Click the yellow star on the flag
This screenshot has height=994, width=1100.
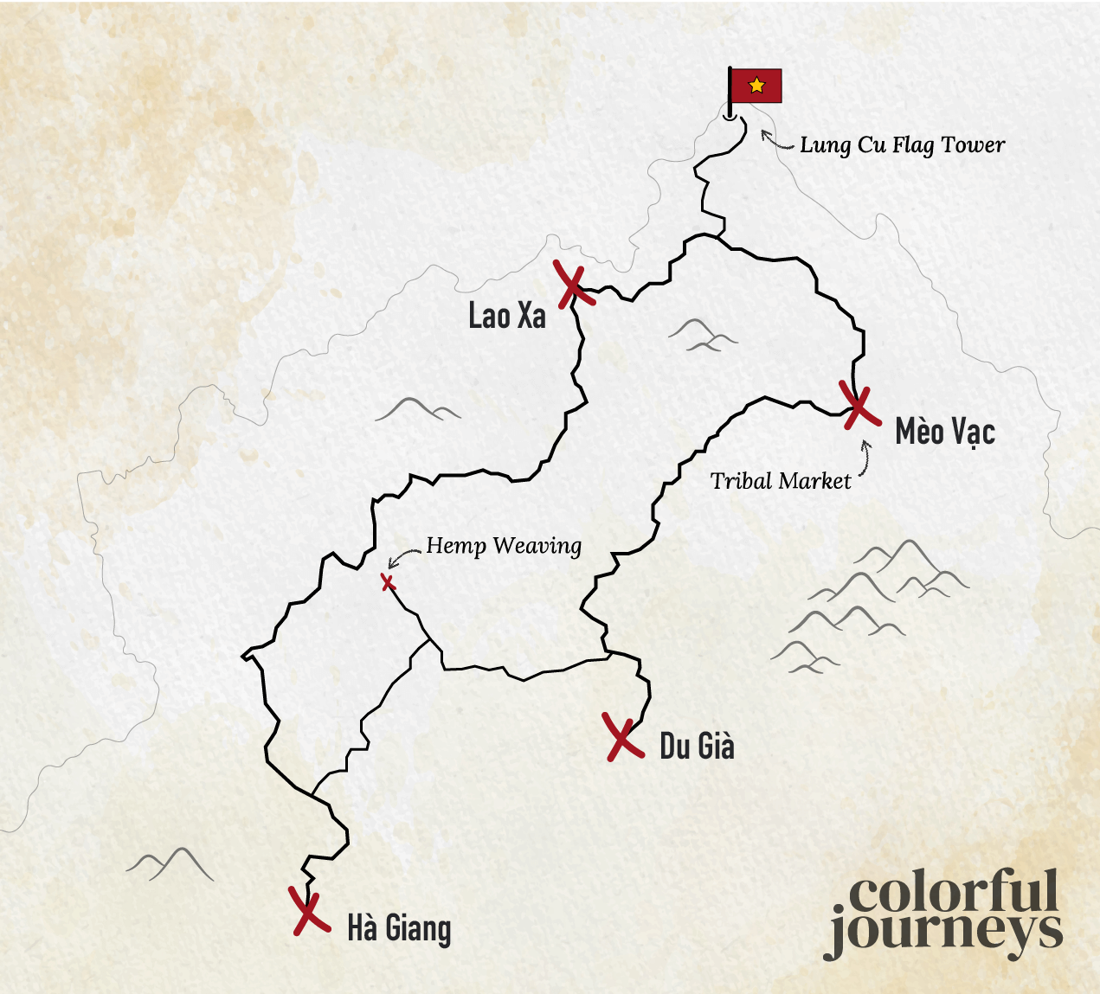(757, 85)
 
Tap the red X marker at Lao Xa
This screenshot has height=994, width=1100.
(573, 286)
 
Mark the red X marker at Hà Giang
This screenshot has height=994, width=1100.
(307, 911)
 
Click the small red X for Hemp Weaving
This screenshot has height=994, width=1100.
(388, 582)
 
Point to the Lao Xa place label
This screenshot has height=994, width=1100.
(507, 316)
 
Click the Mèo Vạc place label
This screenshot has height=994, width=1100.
(945, 431)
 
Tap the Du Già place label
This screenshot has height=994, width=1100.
(697, 746)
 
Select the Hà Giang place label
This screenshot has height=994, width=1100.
(399, 928)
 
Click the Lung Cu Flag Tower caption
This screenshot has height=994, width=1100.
(902, 145)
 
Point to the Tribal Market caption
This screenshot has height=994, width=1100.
(781, 481)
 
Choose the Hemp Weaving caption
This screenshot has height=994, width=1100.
(504, 546)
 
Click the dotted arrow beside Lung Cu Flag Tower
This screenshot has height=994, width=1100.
(776, 140)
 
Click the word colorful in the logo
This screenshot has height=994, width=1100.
(952, 892)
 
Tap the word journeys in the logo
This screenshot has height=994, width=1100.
(945, 933)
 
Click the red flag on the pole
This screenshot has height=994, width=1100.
(756, 86)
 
